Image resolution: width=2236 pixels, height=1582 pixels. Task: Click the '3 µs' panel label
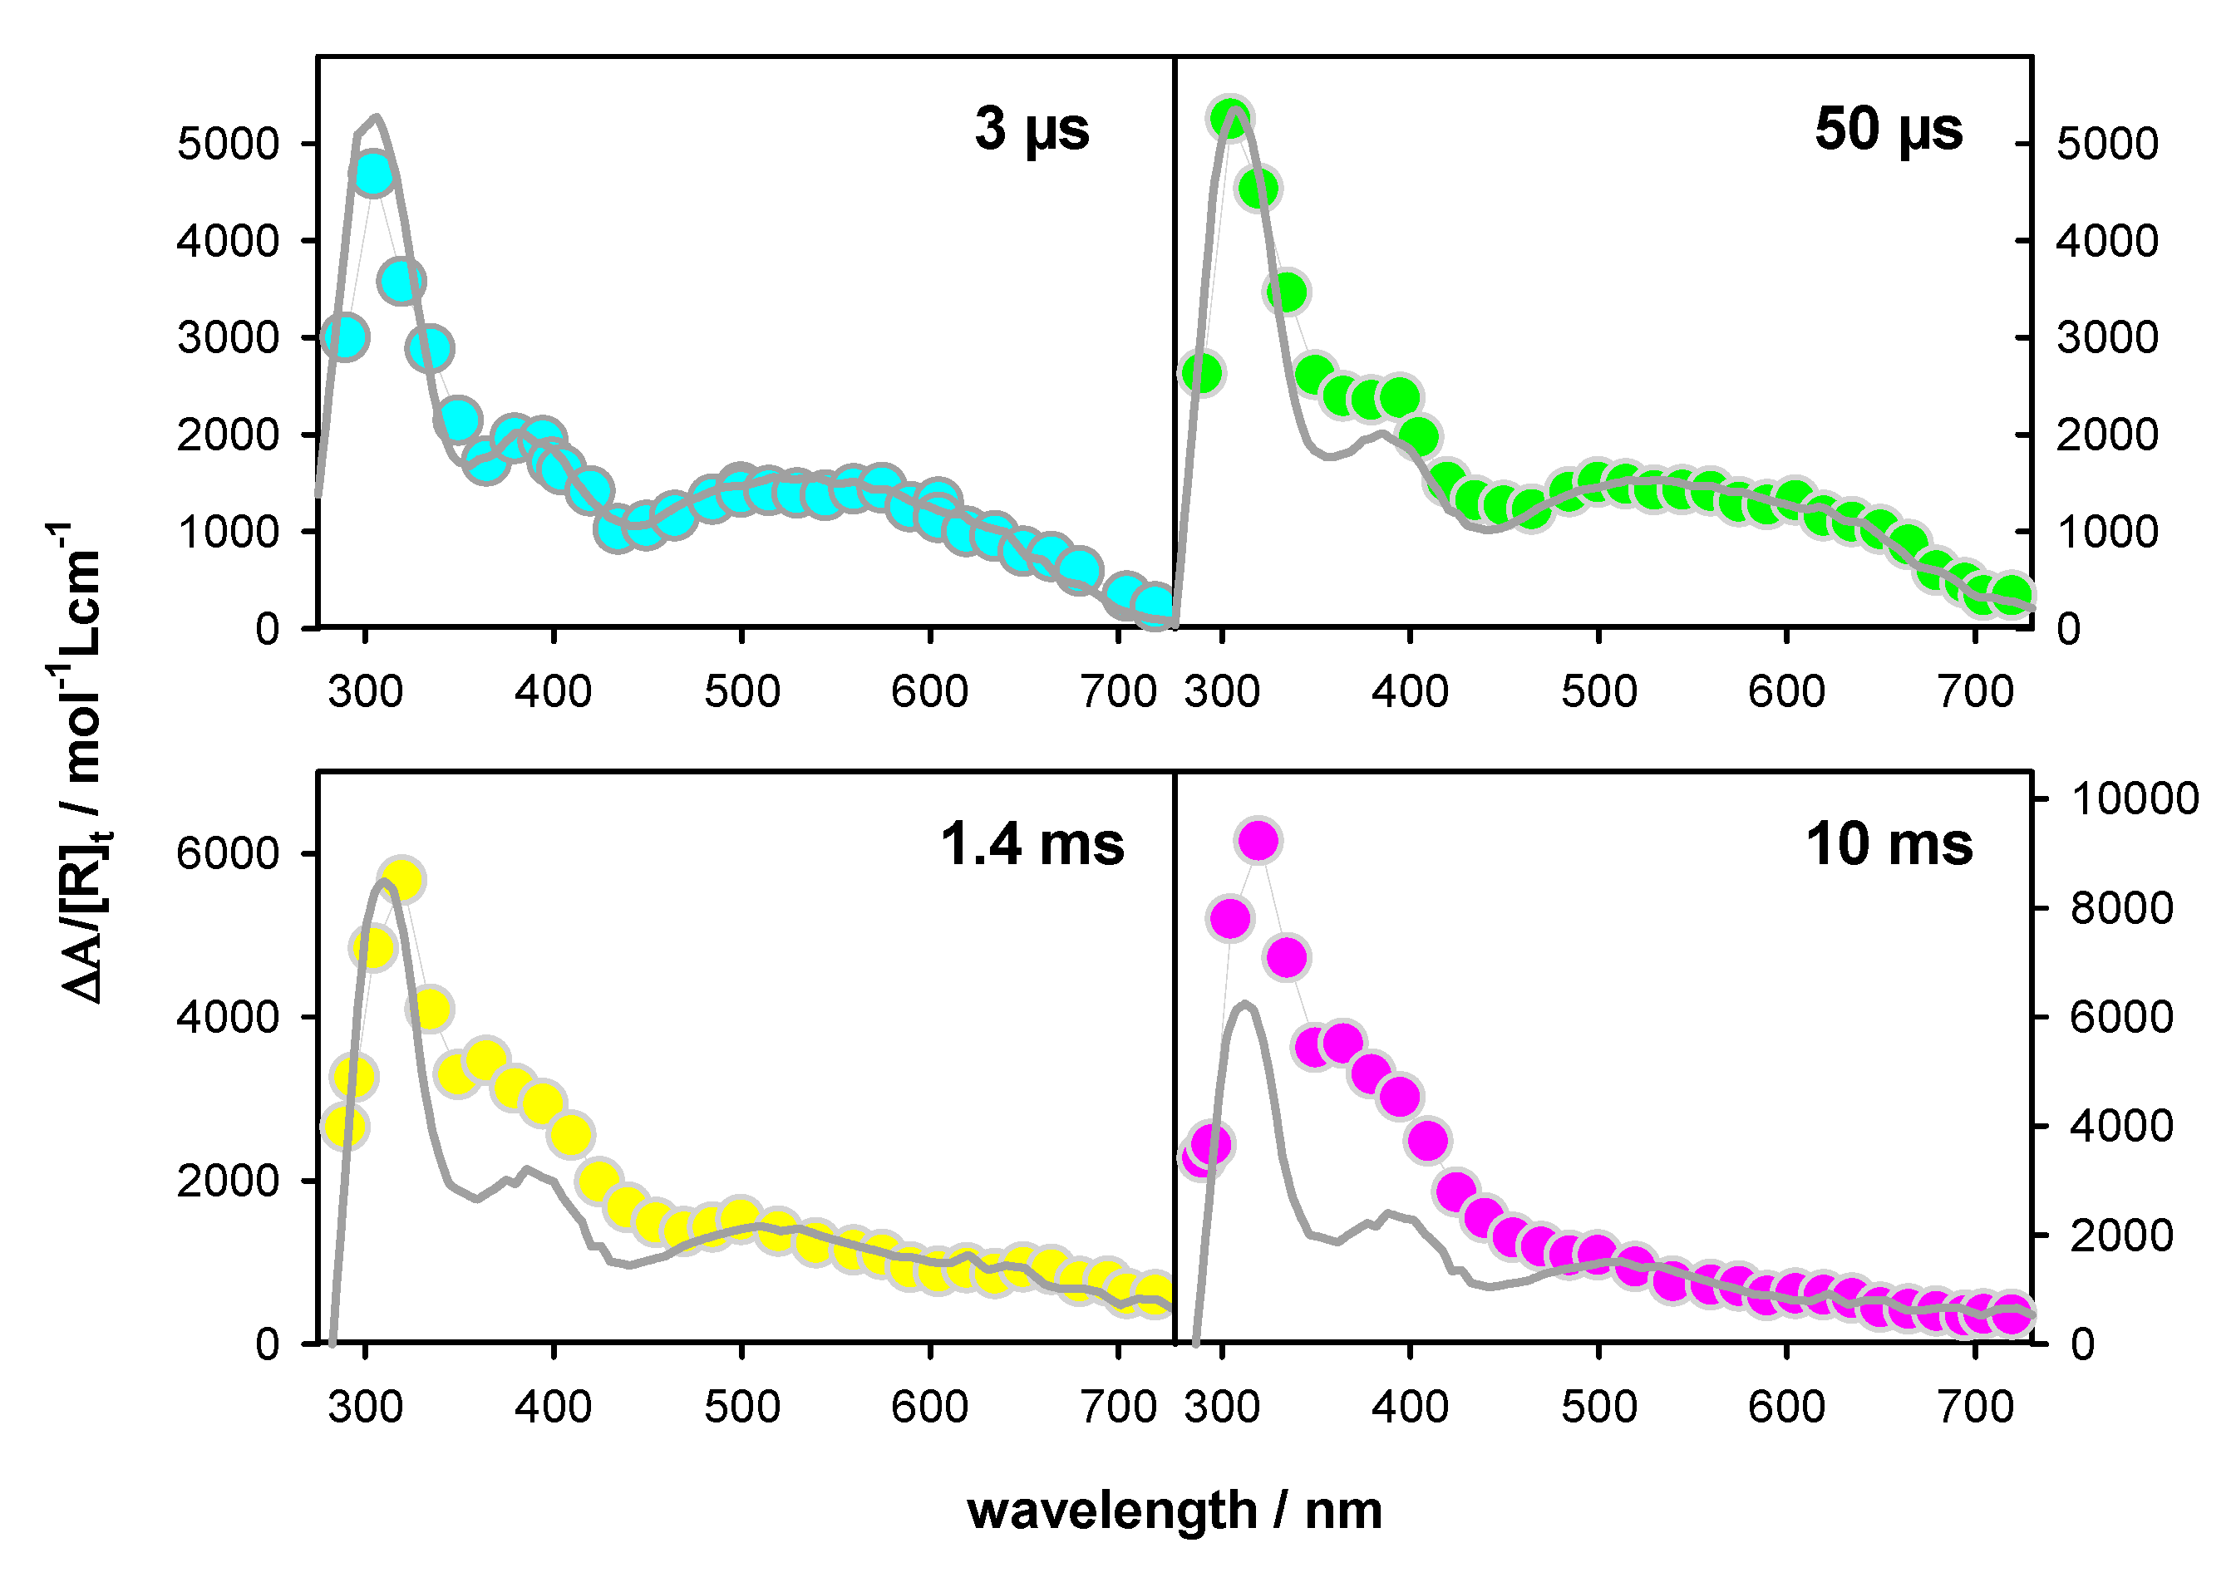[1032, 130]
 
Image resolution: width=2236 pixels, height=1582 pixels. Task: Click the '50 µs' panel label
[1889, 130]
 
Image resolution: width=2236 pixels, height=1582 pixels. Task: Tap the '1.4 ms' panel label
[1032, 843]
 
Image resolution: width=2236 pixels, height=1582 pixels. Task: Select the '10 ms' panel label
[1889, 843]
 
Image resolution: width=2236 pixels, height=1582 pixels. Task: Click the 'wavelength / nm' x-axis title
[1174, 1510]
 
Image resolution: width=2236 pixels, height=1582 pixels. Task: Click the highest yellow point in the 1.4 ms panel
[401, 881]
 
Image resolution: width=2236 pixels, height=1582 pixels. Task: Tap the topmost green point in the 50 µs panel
[1232, 119]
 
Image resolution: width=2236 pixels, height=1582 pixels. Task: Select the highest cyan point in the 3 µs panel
[373, 175]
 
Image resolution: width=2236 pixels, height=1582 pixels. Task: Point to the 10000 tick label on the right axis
[2135, 798]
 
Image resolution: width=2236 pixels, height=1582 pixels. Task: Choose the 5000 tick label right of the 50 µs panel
[2106, 145]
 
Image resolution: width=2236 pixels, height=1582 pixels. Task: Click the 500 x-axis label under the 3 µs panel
[742, 691]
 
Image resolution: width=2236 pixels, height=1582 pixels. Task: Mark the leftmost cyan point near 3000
[344, 337]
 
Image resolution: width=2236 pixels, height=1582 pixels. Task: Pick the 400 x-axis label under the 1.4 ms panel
[554, 1407]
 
